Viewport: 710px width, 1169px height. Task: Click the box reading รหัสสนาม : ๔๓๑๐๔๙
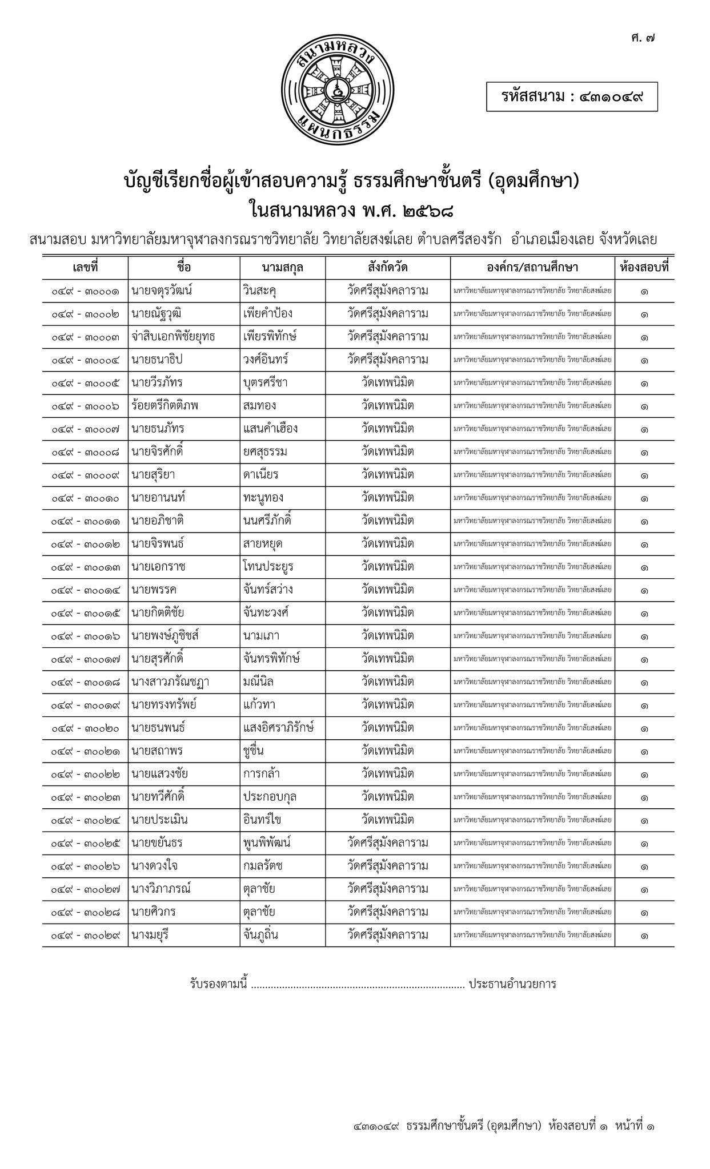coord(572,97)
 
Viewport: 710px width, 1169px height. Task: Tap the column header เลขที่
coord(85,267)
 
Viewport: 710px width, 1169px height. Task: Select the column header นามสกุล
coord(282,267)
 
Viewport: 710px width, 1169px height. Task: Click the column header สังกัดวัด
coord(388,267)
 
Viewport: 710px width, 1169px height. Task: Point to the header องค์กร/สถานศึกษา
coord(532,267)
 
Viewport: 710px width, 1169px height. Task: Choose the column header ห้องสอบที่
coord(644,267)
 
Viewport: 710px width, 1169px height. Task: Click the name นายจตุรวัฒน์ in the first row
coord(162,291)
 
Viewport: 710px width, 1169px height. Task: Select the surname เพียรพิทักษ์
coord(269,337)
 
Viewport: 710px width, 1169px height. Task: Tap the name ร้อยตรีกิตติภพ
coord(165,406)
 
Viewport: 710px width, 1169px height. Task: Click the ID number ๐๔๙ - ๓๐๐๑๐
coord(85,498)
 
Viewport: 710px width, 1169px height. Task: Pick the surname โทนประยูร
coord(268,567)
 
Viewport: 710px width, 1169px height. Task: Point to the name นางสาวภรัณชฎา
coord(170,682)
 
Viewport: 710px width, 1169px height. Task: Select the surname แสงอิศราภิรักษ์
coord(278,728)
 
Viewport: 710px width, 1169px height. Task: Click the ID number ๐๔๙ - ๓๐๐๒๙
coord(85,936)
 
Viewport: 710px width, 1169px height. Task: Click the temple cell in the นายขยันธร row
coord(388,843)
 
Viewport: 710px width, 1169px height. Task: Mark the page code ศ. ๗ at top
coord(643,39)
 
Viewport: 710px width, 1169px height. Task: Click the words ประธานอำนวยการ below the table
coord(512,984)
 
